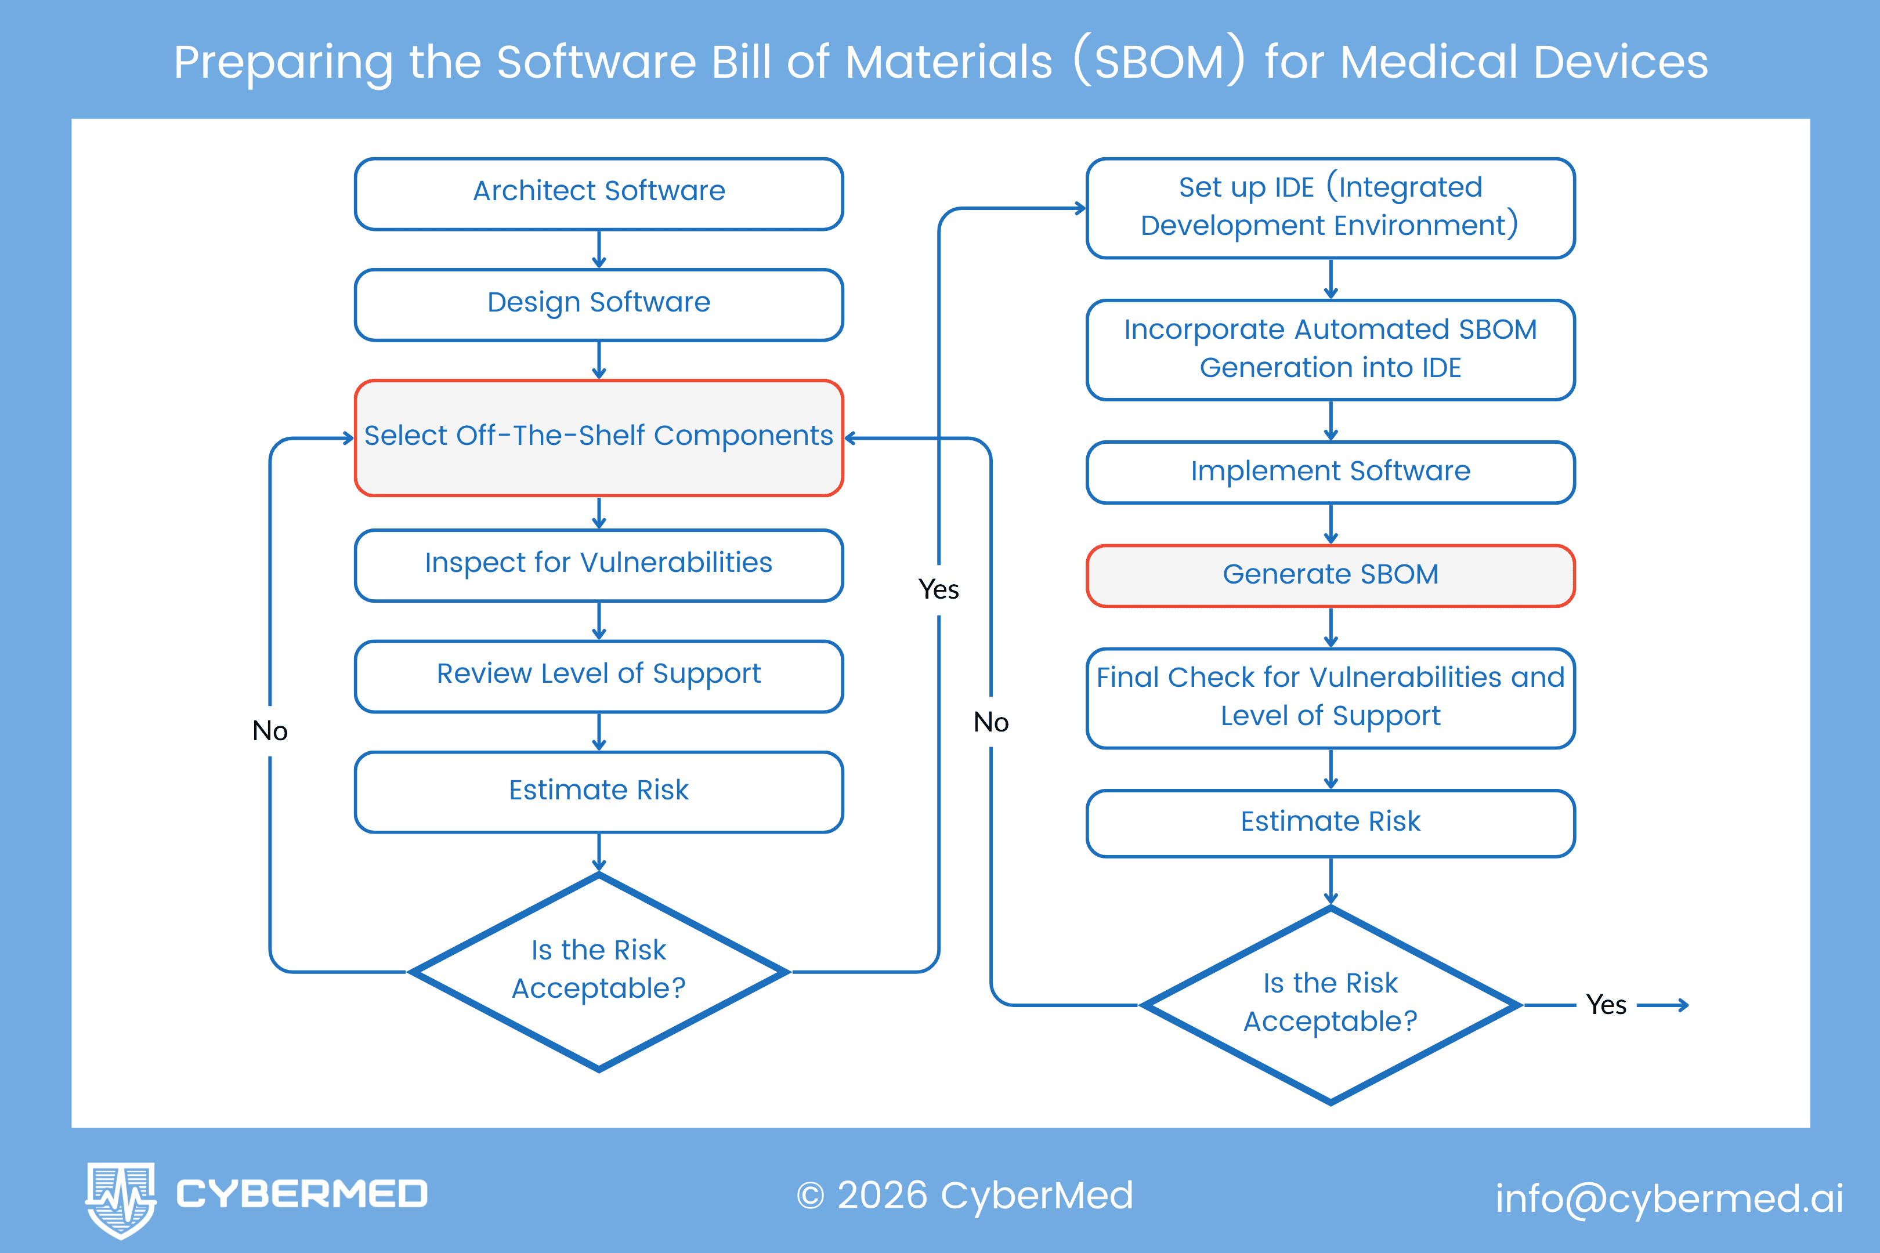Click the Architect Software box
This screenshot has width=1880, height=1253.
click(x=599, y=193)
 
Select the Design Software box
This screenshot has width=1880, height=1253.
click(x=599, y=305)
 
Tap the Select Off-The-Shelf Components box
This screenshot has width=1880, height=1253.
click(x=599, y=437)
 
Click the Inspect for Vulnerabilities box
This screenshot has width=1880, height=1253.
click(x=599, y=564)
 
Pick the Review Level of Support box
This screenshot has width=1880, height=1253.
click(x=599, y=675)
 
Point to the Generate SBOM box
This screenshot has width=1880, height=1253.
click(x=1330, y=575)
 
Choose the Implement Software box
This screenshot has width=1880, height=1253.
click(x=1330, y=472)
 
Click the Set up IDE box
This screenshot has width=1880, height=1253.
click(x=1330, y=208)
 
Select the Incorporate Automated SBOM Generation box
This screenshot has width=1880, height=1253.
click(x=1330, y=349)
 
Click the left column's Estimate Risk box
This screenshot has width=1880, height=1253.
click(x=599, y=791)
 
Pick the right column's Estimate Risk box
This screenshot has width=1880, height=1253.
click(x=1330, y=823)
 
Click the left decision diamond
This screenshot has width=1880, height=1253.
click(x=599, y=971)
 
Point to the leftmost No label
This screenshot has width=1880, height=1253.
click(x=270, y=731)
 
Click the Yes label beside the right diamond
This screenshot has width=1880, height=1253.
click(x=1606, y=1005)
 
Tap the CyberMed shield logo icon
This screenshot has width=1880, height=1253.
click(x=121, y=1198)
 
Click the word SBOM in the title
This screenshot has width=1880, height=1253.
click(x=1158, y=62)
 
